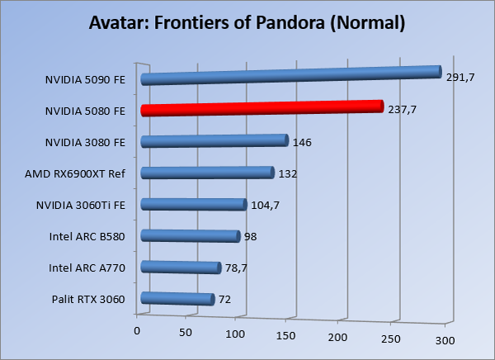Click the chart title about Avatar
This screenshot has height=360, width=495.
tap(247, 22)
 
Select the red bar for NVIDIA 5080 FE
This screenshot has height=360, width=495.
tap(262, 107)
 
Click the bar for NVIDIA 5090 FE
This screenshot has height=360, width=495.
tap(290, 75)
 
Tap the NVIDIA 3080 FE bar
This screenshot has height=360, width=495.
tap(214, 140)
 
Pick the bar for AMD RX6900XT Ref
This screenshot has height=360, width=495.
tap(207, 173)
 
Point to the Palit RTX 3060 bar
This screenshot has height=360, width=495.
tap(177, 298)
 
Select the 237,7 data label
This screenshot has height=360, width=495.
tap(402, 110)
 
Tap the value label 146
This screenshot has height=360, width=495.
tap(301, 142)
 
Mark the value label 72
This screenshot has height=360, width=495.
tap(224, 299)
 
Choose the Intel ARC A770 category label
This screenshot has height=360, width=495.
tap(87, 268)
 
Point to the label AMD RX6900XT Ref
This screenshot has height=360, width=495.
tap(75, 173)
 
